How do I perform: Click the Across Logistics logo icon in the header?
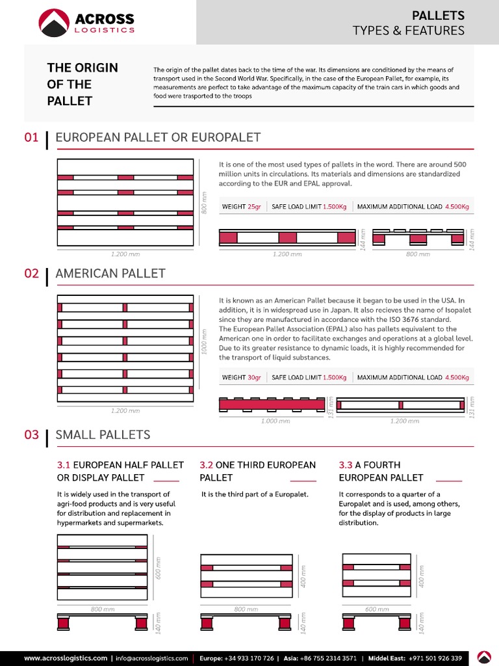55,23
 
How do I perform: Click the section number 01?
32,137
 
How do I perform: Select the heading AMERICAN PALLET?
110,274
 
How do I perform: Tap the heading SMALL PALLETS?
103,434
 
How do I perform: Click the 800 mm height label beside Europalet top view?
204,203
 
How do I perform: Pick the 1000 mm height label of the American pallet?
204,340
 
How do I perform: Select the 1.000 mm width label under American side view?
275,421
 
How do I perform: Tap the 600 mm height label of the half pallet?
158,568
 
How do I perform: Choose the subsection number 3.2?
206,465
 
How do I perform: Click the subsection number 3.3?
346,465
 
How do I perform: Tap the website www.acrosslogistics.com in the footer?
66,658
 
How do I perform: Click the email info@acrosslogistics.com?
152,658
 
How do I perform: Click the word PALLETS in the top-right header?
439,15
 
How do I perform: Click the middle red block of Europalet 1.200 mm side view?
287,237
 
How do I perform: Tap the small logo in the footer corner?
484,657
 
